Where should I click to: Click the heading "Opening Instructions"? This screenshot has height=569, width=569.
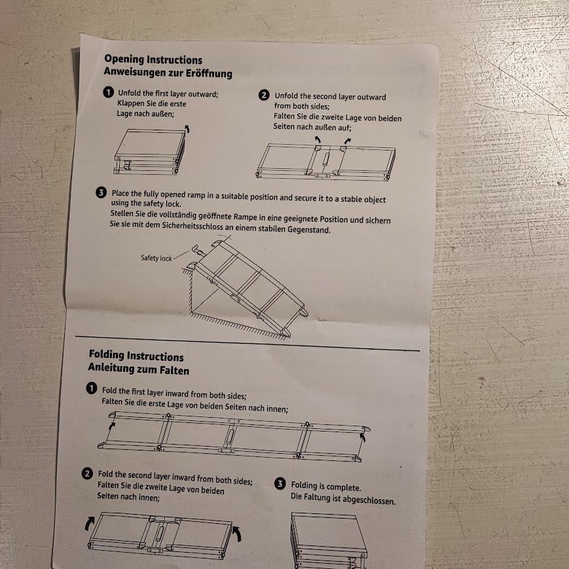click(153, 59)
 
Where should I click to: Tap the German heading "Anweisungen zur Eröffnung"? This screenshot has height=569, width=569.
click(168, 72)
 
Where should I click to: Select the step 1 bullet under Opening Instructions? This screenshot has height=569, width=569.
click(108, 92)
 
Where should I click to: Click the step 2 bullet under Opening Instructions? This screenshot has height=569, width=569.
click(264, 95)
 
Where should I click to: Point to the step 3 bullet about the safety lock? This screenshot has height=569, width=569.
click(101, 193)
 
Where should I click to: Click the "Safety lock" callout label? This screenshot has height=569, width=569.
click(156, 258)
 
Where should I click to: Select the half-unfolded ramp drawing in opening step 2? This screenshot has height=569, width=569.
click(326, 160)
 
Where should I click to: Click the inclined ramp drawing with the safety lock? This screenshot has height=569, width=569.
click(243, 287)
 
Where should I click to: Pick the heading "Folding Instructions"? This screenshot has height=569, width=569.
click(136, 356)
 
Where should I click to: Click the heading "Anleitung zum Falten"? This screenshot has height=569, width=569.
click(139, 369)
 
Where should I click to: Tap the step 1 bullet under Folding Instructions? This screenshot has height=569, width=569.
click(92, 388)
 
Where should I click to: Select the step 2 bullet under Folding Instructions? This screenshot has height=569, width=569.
click(87, 473)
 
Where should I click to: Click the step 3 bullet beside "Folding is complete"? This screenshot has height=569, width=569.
click(280, 484)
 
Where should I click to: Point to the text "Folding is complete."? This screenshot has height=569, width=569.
click(326, 486)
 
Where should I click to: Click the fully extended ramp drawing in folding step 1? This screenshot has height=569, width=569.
click(234, 437)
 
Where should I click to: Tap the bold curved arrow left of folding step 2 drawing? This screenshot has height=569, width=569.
click(88, 524)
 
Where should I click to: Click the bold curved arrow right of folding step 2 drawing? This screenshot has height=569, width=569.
click(236, 534)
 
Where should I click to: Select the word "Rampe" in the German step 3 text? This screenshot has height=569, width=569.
click(245, 217)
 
